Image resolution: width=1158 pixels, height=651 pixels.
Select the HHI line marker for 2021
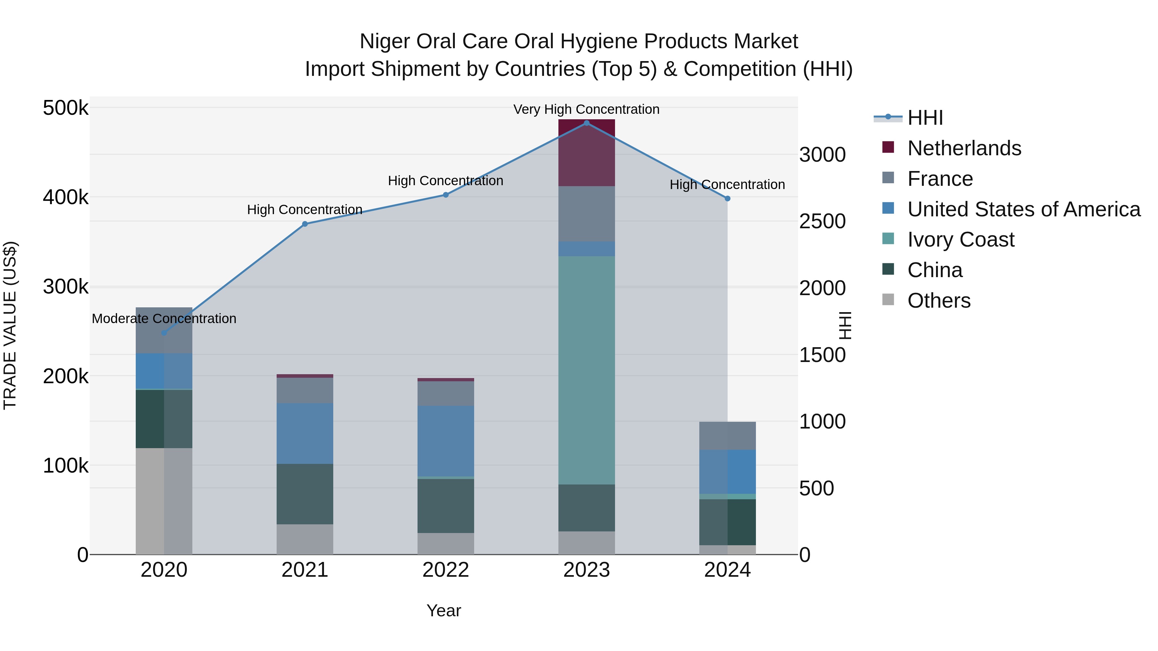305,224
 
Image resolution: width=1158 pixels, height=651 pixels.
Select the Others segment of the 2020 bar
164,501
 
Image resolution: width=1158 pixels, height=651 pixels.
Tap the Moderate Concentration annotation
164,319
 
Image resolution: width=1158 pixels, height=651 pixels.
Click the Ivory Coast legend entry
960,240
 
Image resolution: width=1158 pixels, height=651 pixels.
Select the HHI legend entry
925,118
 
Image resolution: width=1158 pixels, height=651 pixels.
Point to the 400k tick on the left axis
66,197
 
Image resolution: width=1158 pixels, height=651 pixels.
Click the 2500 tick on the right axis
822,221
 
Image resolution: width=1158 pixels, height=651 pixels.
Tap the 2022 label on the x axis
446,570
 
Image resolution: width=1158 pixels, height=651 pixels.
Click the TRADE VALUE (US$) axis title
10,325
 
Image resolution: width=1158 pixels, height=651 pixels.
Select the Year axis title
444,610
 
